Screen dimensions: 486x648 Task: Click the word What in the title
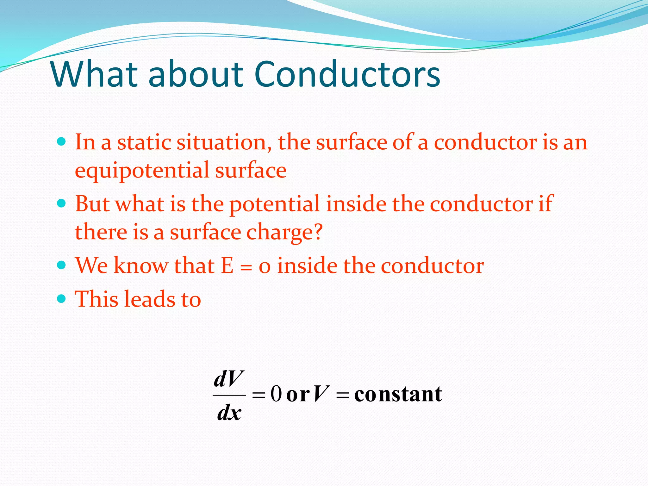(x=94, y=74)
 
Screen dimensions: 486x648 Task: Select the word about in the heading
(x=196, y=74)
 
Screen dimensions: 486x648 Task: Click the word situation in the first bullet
(x=224, y=142)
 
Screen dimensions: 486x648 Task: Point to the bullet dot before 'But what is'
(x=61, y=203)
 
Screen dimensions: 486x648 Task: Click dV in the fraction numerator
(x=229, y=379)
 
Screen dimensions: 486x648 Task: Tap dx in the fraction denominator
(x=229, y=413)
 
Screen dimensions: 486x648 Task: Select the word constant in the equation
(x=398, y=394)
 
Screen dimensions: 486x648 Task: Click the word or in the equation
(x=297, y=395)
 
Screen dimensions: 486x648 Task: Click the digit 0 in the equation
(x=276, y=394)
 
